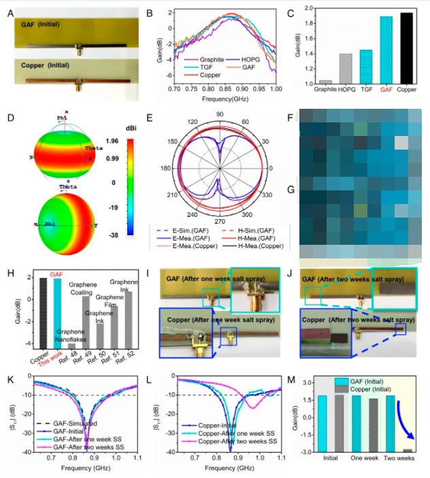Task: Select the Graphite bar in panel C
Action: pos(325,82)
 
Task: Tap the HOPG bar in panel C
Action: pos(346,69)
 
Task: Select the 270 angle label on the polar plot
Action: pos(219,222)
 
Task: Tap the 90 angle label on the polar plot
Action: pos(219,115)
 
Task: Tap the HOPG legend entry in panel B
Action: pos(246,60)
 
